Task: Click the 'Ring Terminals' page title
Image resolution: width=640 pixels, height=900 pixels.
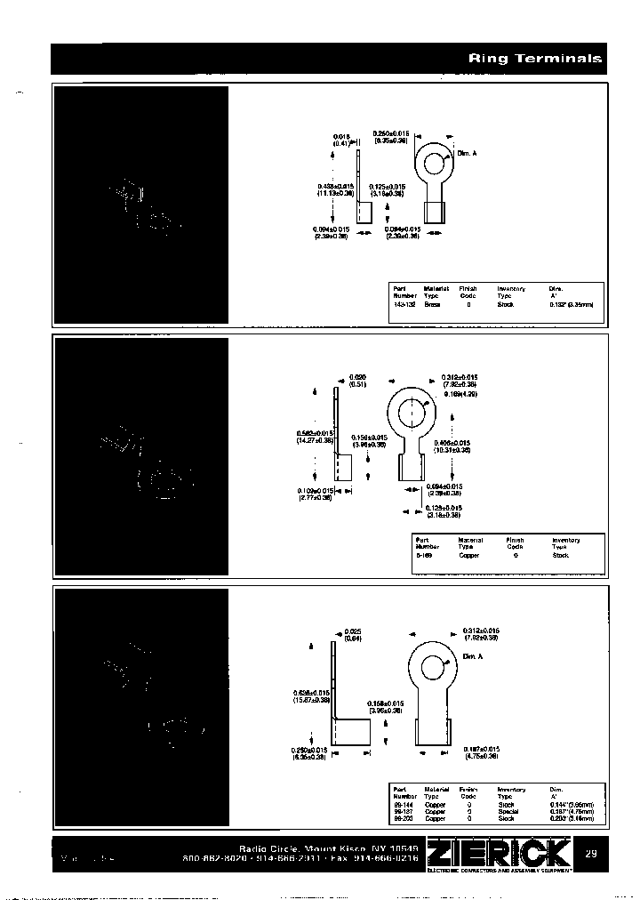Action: (535, 59)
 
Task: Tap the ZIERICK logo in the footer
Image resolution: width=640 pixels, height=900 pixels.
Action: (498, 855)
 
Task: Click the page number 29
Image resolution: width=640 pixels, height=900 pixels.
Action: (591, 854)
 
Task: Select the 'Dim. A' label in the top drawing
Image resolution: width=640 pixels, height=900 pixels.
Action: (468, 154)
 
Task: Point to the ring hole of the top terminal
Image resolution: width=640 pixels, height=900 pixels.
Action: (433, 164)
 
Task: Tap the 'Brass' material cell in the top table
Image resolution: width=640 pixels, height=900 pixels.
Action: (432, 304)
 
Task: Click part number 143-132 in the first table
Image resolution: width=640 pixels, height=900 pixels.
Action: (403, 304)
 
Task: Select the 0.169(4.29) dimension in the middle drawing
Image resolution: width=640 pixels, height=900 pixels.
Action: (460, 392)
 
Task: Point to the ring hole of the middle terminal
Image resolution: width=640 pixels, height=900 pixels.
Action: (415, 414)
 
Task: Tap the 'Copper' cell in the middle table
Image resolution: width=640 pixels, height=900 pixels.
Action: (468, 555)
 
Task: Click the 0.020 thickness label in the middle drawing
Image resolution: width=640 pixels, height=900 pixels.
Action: (357, 378)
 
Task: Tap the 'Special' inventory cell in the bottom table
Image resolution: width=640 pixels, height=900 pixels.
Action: (507, 810)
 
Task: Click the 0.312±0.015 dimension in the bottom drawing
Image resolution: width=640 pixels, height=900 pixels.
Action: (480, 631)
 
